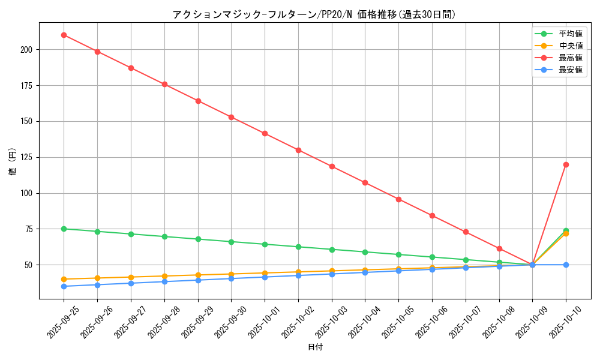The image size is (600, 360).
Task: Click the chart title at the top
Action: tap(314, 14)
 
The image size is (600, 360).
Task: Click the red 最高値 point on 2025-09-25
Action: tap(64, 35)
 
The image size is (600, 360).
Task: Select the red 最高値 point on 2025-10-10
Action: tap(566, 164)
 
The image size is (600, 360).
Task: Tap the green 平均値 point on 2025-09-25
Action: tap(64, 229)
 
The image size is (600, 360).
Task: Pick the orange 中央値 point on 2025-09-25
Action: tap(64, 279)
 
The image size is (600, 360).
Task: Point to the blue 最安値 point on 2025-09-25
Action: tap(64, 286)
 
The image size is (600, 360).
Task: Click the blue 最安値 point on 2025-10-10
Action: tap(566, 265)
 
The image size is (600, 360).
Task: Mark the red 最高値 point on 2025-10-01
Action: tap(265, 133)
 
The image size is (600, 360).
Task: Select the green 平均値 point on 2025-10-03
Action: tap(332, 249)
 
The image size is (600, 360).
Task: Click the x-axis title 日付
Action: tap(315, 347)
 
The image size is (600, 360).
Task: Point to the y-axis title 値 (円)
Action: tap(12, 162)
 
